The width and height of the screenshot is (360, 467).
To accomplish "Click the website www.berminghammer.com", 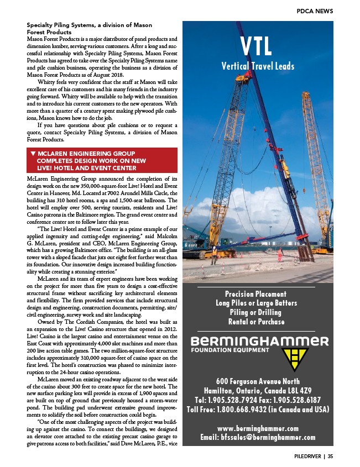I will (258, 428).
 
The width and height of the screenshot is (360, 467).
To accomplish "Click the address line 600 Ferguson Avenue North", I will (258, 381).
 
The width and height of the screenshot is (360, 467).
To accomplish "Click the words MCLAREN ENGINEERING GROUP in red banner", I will (86, 153).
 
